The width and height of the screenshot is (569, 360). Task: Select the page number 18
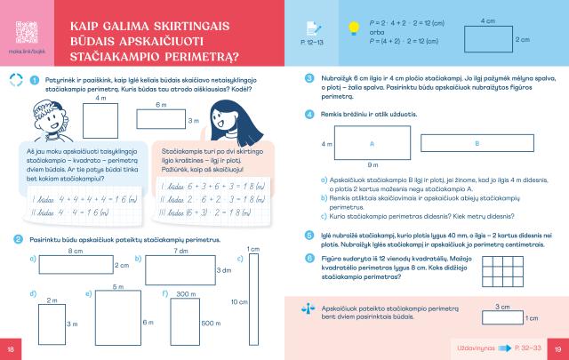[11, 347]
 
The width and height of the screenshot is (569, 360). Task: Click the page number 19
[557, 347]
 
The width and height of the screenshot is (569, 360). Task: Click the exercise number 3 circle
[309, 78]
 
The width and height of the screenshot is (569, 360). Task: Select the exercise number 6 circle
[309, 258]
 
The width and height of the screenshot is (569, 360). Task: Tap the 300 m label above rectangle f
[186, 293]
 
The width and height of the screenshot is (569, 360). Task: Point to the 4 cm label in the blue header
[487, 20]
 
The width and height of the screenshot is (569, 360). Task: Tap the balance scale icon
[309, 306]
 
